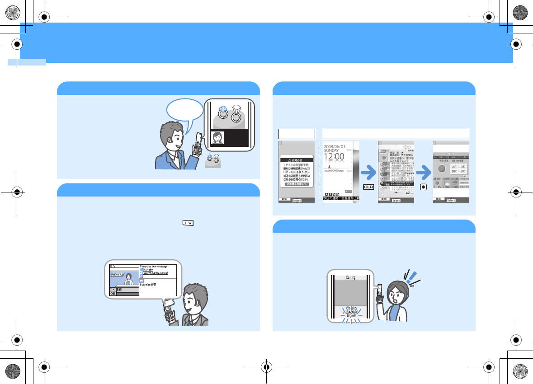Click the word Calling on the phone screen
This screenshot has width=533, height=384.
[x=351, y=277]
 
